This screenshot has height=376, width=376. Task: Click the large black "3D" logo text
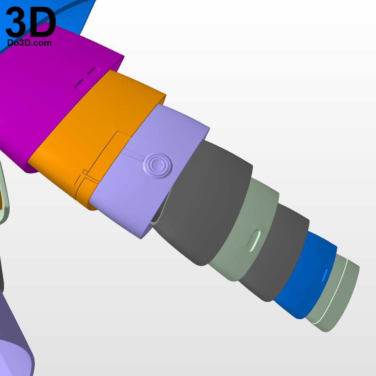click(x=31, y=22)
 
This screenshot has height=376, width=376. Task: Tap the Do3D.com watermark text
click(x=29, y=43)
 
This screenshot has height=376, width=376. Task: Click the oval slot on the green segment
click(x=253, y=240)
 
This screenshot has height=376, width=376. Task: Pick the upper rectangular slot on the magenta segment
click(x=94, y=70)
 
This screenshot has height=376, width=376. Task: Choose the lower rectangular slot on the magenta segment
click(x=81, y=84)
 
